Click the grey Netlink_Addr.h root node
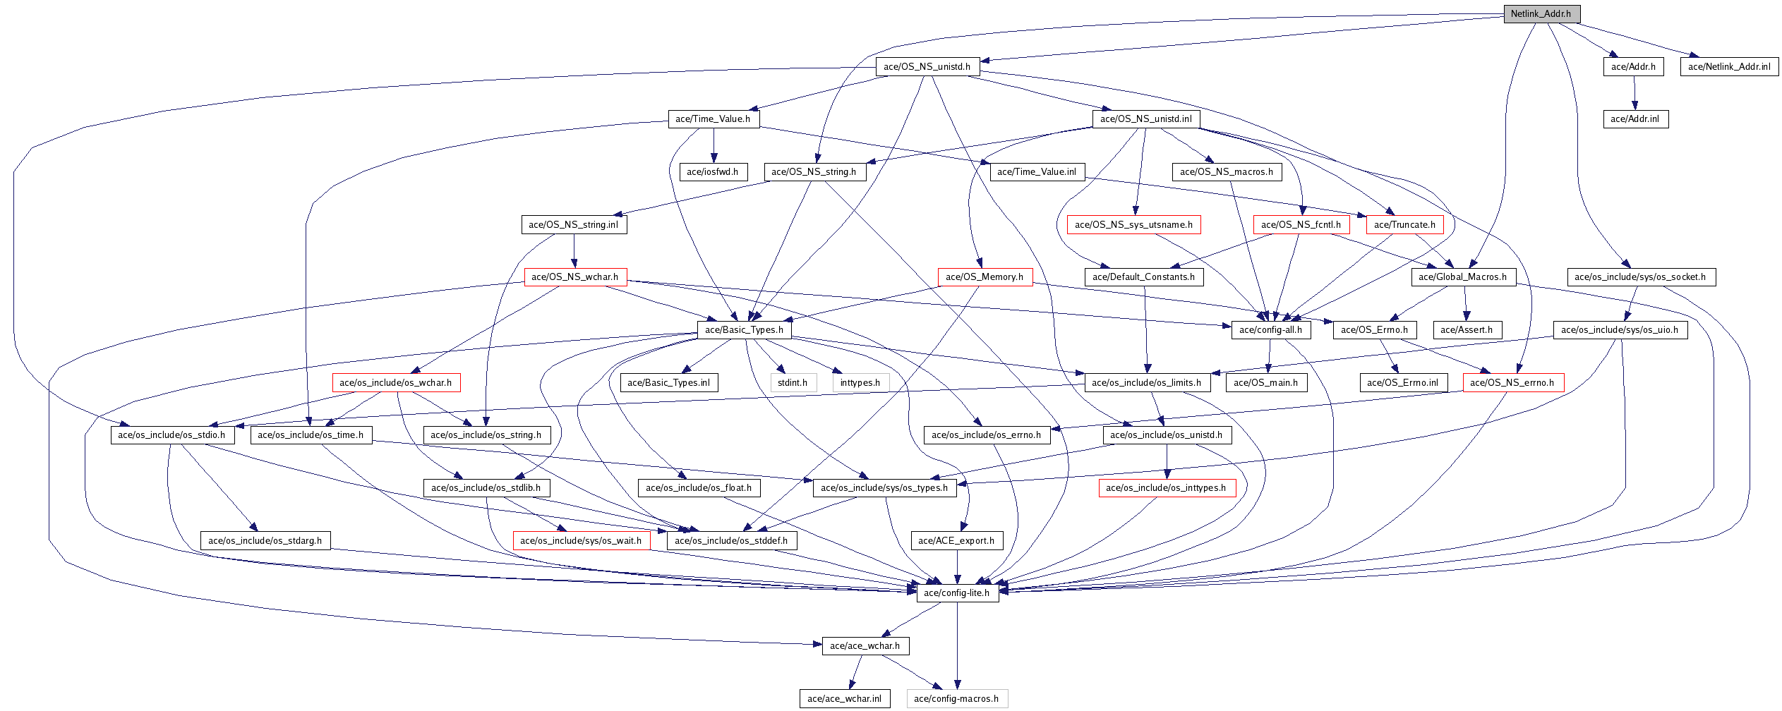point(1541,14)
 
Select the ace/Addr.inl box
point(1634,119)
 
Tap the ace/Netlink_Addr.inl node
point(1729,67)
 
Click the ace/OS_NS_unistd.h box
point(927,67)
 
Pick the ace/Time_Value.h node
point(713,119)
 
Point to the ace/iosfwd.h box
point(712,172)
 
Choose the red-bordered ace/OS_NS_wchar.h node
point(574,277)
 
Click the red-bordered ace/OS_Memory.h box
point(985,277)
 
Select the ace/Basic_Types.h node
point(744,330)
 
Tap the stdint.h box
point(793,383)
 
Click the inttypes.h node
point(860,383)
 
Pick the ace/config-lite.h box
point(956,593)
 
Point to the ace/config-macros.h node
point(956,699)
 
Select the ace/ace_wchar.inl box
point(844,699)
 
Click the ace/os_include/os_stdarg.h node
point(265,541)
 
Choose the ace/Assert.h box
point(1467,330)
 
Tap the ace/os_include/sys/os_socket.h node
point(1640,277)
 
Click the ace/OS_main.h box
point(1265,383)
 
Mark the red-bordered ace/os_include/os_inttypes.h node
point(1166,488)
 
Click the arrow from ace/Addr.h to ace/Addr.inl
point(1634,93)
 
